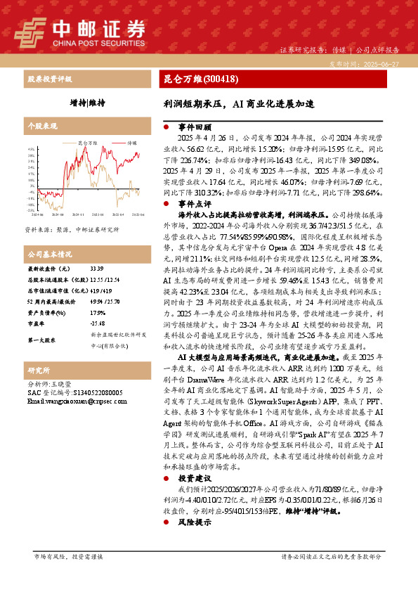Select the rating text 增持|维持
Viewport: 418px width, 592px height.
click(x=87, y=103)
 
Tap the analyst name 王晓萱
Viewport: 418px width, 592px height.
click(x=62, y=385)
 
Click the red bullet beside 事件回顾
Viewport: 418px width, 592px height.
click(x=165, y=127)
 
